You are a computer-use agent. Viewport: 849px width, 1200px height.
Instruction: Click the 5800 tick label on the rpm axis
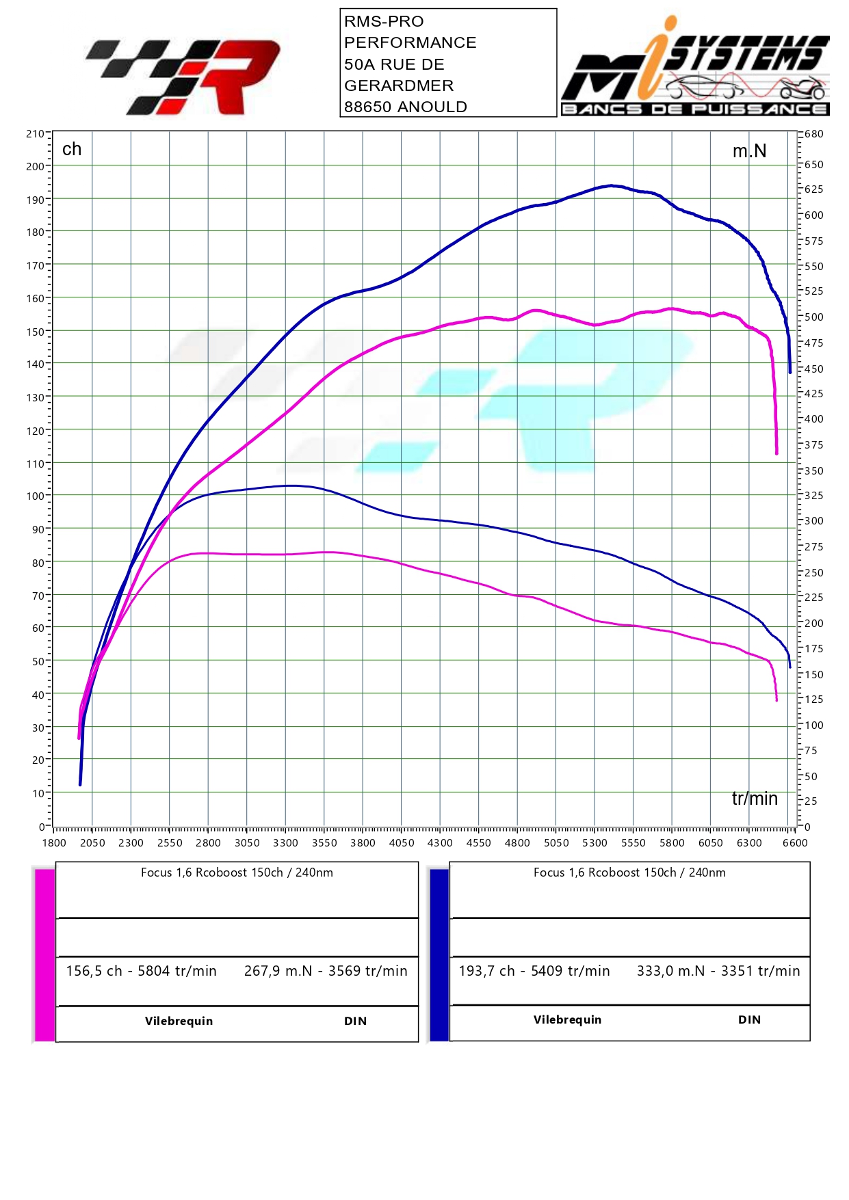coord(672,842)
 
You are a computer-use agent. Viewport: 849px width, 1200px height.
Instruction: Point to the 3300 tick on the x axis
coord(285,842)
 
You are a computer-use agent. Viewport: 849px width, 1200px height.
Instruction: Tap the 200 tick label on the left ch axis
coord(35,166)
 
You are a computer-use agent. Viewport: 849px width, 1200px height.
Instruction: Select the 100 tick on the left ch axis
coord(35,496)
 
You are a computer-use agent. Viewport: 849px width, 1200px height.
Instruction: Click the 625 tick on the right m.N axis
coord(813,189)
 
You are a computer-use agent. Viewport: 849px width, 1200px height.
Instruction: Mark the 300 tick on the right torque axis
coord(813,521)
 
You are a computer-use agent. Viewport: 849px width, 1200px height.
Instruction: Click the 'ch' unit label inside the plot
coord(72,149)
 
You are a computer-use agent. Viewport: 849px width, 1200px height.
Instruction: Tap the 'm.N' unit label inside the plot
coord(749,151)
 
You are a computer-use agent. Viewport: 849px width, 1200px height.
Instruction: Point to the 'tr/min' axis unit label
coord(755,799)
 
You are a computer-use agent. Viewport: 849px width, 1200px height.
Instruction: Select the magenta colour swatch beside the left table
coord(44,955)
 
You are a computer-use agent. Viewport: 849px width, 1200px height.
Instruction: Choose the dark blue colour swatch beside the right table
coord(439,955)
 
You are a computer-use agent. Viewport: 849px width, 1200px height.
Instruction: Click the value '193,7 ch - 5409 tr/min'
coord(534,971)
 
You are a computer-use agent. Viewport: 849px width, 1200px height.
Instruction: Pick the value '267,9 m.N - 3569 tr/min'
coord(326,971)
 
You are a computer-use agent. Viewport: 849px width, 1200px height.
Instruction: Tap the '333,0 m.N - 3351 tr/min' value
coord(718,971)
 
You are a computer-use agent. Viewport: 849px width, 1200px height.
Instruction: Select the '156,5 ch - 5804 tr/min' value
coord(141,971)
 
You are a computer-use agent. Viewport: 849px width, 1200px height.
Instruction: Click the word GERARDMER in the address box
coord(399,85)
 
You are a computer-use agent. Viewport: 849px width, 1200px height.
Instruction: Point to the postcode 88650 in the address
coord(367,107)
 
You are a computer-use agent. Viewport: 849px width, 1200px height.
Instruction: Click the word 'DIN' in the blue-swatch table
coord(749,1019)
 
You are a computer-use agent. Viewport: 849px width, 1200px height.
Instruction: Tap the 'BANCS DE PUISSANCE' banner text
coord(694,109)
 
